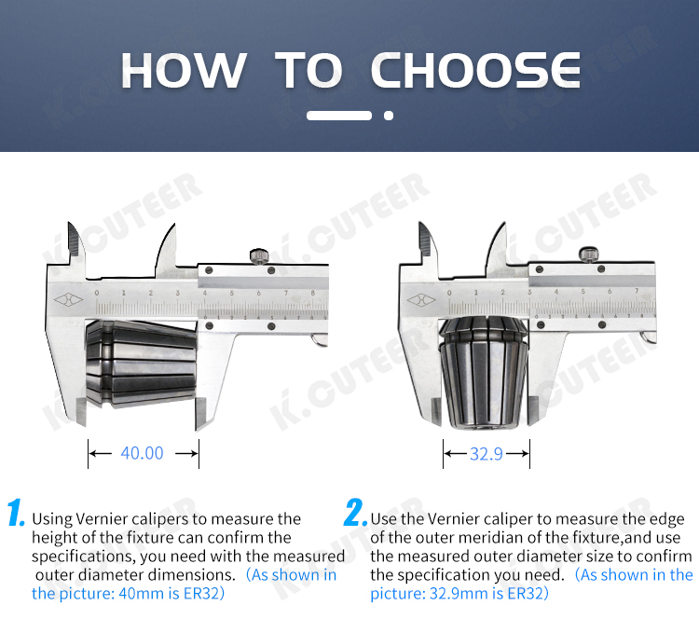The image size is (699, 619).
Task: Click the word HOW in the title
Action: tap(184, 70)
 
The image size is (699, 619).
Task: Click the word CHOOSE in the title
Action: tap(475, 70)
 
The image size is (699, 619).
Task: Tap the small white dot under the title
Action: tap(389, 116)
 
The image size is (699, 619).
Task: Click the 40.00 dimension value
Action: tap(143, 453)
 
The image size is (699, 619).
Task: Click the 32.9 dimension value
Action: tap(487, 454)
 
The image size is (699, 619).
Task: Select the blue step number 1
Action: tap(16, 513)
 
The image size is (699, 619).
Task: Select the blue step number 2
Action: tap(355, 513)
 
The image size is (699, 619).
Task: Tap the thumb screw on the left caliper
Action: tap(259, 256)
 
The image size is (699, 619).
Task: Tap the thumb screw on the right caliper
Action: tap(589, 254)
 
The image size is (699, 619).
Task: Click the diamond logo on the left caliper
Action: tap(68, 299)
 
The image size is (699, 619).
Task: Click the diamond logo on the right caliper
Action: tap(421, 299)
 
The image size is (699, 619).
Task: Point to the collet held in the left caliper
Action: tap(142, 364)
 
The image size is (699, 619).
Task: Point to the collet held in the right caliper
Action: tap(484, 372)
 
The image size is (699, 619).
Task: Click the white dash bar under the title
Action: tap(339, 116)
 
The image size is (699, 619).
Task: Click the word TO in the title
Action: tap(308, 70)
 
